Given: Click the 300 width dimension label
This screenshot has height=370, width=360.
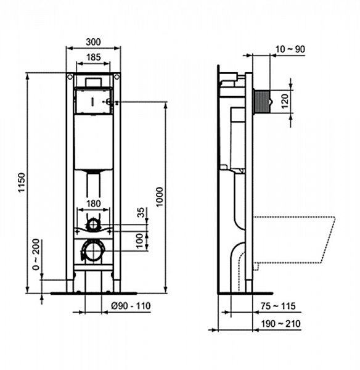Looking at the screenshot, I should tap(93, 42).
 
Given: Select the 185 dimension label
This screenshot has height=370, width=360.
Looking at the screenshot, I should tap(93, 57).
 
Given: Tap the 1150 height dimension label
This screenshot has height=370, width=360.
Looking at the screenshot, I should tap(21, 184).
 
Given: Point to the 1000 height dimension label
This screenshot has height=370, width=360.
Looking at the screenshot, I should tap(160, 196).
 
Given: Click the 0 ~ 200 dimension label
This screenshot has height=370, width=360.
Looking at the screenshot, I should tap(36, 254).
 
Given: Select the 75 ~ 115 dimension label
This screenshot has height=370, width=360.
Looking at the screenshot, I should tap(277, 305).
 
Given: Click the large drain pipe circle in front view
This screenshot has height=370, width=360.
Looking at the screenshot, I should tap(93, 250).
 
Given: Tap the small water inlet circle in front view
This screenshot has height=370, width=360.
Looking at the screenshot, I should tap(93, 224).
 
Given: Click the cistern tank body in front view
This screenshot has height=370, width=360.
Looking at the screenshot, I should tap(93, 142).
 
